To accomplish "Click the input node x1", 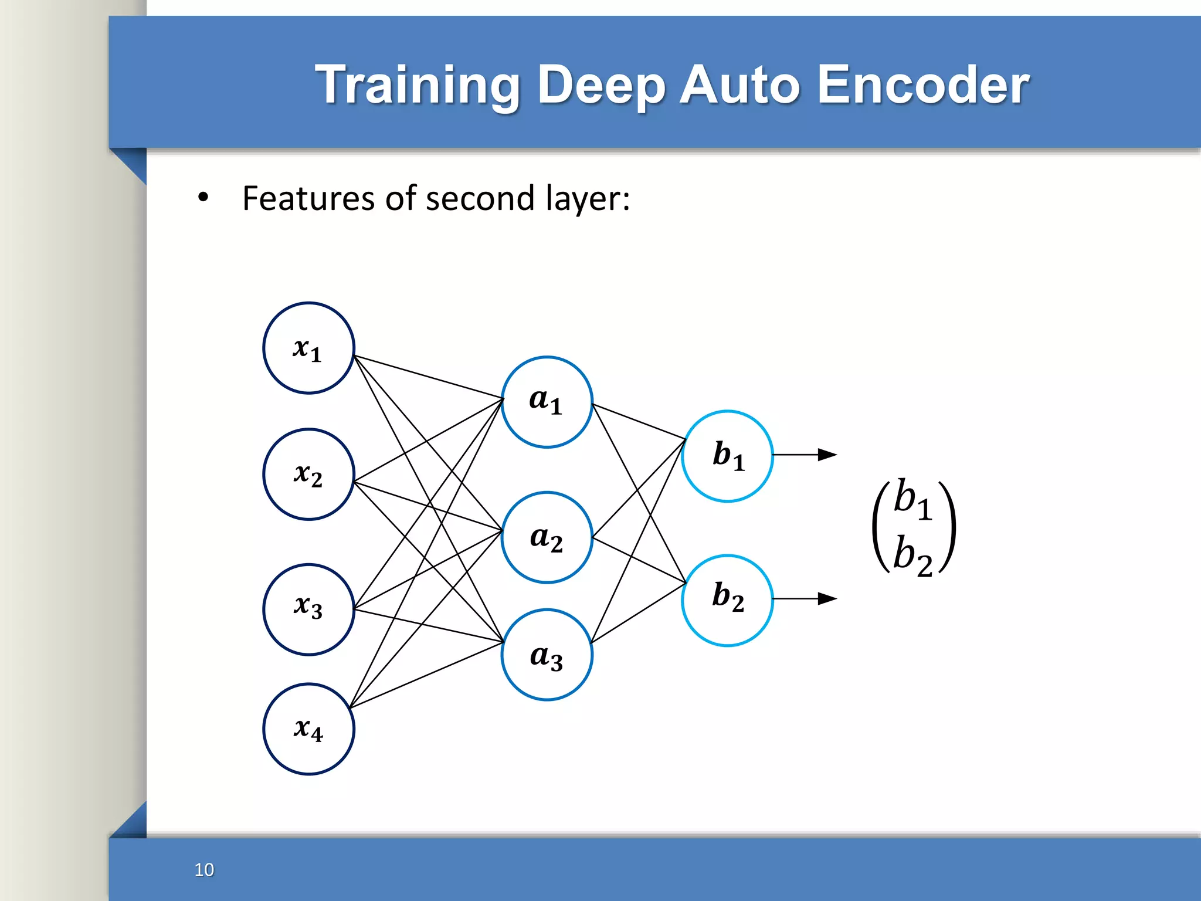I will click(308, 348).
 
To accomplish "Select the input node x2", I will click(308, 474).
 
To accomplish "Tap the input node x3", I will click(308, 609).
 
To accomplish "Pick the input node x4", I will click(308, 729).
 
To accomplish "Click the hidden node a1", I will click(547, 402).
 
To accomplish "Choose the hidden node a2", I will click(547, 537).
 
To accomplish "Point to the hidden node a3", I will click(547, 655).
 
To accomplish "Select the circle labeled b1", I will click(727, 456).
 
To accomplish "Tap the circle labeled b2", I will click(727, 600).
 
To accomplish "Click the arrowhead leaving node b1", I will click(827, 455).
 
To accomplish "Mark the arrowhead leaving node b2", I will click(827, 598).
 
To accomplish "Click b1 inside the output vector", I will click(912, 500).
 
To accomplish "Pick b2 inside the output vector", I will click(912, 556).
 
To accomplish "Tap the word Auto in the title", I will click(740, 86).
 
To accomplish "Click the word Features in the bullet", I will click(309, 198).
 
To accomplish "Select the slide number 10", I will click(204, 869).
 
